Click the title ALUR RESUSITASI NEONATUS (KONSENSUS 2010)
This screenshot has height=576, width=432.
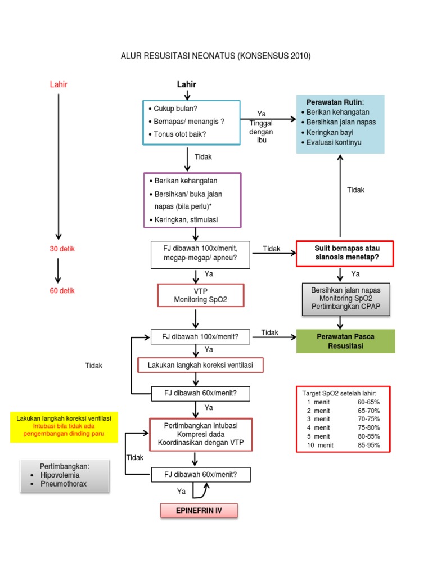216,56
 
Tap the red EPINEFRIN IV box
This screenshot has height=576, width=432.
200,511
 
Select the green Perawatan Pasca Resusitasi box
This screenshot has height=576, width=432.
346,341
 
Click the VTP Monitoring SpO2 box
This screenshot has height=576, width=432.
201,295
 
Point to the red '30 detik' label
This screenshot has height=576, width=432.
62,249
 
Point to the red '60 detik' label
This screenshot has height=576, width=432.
62,291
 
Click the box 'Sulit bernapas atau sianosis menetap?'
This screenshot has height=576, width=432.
345,253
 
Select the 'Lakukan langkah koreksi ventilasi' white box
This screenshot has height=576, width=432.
200,366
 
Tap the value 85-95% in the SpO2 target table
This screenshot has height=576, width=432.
368,445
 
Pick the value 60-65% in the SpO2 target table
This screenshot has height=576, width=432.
368,402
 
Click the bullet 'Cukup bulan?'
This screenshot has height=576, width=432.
175,109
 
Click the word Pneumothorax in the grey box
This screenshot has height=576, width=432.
64,484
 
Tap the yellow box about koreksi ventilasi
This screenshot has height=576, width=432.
64,426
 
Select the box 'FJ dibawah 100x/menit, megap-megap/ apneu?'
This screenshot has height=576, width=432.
201,254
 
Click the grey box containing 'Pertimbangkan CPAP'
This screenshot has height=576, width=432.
345,299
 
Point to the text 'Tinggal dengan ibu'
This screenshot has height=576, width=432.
262,132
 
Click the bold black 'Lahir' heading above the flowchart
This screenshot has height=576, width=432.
187,84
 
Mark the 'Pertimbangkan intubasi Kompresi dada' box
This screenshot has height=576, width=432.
201,434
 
